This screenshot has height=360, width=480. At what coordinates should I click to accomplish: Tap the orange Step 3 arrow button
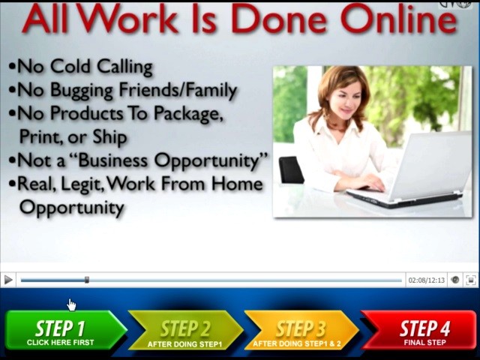(x=301, y=330)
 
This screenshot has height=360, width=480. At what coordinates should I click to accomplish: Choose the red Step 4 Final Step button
(x=419, y=330)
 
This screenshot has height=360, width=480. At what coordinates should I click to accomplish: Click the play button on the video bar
(x=8, y=280)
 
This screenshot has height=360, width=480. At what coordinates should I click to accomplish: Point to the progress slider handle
(x=87, y=280)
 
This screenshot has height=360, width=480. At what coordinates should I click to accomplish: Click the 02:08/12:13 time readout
(x=427, y=280)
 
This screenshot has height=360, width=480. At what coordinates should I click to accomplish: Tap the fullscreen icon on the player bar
(x=471, y=280)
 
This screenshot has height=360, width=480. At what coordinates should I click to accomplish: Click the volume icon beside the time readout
(x=455, y=280)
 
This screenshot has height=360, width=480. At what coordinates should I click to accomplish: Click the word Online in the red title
(x=398, y=19)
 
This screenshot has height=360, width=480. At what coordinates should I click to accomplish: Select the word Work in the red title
(x=128, y=19)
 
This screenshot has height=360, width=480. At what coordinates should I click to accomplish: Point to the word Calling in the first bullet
(x=124, y=67)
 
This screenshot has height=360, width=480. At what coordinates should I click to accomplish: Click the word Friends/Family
(x=178, y=90)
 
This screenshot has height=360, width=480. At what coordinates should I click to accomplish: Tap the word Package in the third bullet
(x=187, y=114)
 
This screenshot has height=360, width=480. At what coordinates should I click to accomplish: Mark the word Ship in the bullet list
(x=110, y=136)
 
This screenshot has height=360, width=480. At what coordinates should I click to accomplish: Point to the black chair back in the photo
(x=291, y=170)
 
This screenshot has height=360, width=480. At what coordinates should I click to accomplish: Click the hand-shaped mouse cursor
(x=72, y=305)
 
